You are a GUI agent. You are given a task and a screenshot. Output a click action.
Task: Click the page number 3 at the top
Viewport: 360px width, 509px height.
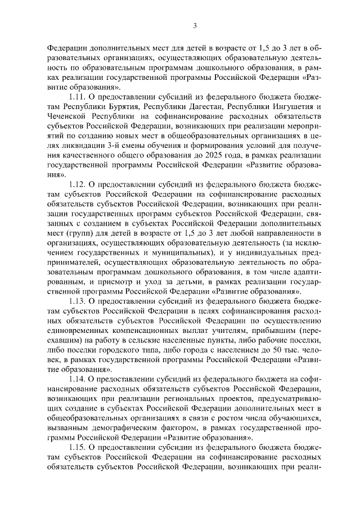pos(195,25)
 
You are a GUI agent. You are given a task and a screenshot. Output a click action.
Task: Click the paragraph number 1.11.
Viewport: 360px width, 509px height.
pos(77,96)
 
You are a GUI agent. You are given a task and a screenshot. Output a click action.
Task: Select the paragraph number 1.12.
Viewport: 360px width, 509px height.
pos(77,183)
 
